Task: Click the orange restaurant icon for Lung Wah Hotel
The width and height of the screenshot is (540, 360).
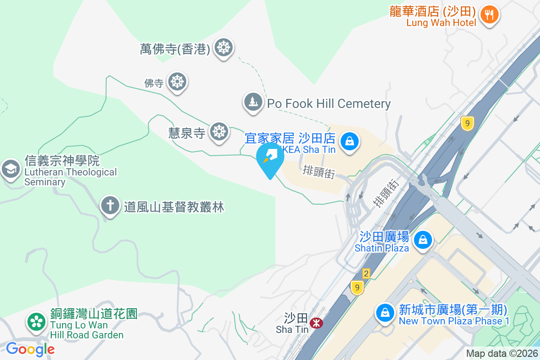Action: point(488,14)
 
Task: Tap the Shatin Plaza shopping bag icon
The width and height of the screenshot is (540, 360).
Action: point(423,240)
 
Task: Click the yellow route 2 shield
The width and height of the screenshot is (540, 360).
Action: point(366,274)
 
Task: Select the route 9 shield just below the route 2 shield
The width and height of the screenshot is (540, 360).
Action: point(357,288)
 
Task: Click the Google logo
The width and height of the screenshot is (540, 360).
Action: point(30,349)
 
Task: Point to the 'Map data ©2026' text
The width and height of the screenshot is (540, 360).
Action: point(502,353)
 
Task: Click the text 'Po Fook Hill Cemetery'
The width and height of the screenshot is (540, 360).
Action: point(328,104)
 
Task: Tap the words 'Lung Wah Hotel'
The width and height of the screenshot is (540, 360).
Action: point(441,22)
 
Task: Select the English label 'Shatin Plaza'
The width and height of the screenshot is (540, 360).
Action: point(382,248)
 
